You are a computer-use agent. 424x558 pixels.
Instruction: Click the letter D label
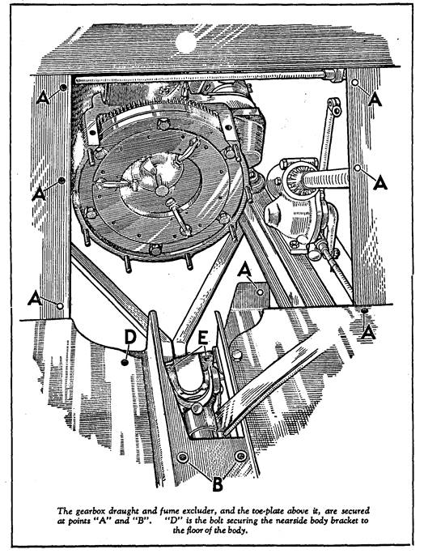click(x=130, y=337)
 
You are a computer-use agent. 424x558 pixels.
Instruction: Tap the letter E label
click(x=203, y=337)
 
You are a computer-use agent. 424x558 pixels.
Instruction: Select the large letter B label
click(x=218, y=484)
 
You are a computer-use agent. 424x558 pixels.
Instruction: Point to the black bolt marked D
click(x=125, y=362)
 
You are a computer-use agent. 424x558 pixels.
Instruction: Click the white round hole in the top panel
click(x=185, y=42)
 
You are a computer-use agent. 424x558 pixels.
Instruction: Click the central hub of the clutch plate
click(x=162, y=191)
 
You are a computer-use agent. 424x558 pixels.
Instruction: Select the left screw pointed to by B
click(x=183, y=458)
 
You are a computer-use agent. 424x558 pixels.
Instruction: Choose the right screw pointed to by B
click(x=241, y=455)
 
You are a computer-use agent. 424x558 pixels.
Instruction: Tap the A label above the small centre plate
click(x=244, y=270)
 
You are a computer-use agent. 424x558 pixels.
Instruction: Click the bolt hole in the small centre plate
click(x=261, y=292)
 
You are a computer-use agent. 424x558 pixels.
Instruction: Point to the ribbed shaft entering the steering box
click(x=324, y=178)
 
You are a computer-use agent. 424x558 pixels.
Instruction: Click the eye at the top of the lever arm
click(x=335, y=109)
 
